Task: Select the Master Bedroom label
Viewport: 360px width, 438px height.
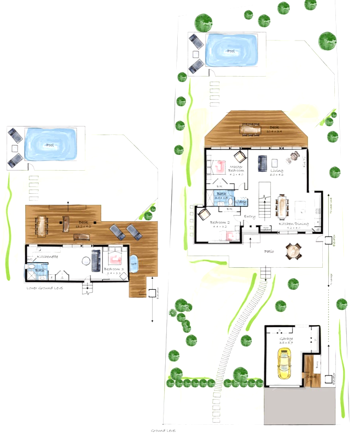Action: (236, 168)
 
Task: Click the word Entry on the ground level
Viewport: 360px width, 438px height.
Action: (249, 216)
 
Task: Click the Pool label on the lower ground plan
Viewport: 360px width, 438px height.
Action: (50, 146)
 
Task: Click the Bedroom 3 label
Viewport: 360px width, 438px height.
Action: (113, 269)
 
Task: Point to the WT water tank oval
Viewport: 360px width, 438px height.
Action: (133, 264)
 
